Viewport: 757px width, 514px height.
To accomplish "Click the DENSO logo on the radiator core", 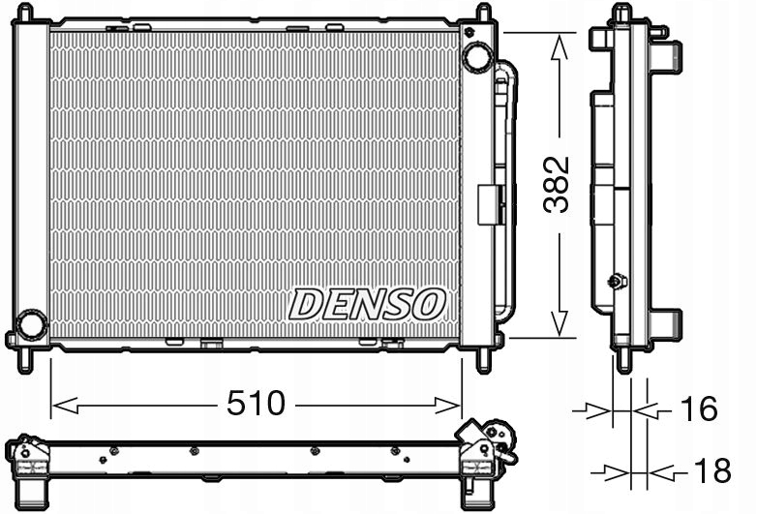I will point(367,305).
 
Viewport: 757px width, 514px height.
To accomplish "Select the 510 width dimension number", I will point(257,403).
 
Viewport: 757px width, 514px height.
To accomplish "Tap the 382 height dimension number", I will point(559,184).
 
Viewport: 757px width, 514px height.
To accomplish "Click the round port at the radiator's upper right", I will point(477,57).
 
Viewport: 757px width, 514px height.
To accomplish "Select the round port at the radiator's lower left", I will point(32,324).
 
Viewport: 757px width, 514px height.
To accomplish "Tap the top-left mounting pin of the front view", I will point(25,13).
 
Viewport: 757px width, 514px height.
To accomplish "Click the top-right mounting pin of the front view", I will point(482,13).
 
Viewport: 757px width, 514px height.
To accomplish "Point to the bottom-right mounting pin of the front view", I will point(483,360).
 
